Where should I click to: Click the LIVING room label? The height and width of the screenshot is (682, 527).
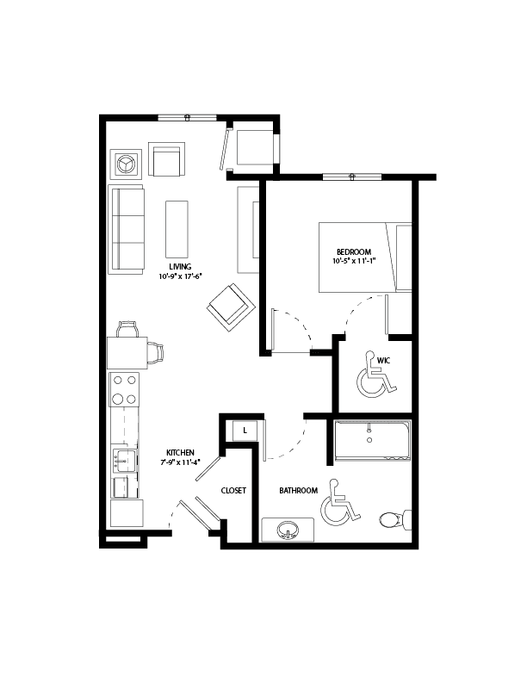tap(180, 267)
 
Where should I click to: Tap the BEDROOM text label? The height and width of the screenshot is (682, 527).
tap(353, 251)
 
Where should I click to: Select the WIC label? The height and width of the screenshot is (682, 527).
tap(384, 360)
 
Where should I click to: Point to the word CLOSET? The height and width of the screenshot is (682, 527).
tap(233, 490)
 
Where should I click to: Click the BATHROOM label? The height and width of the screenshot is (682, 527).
tap(299, 490)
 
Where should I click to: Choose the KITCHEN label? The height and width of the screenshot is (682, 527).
tap(180, 452)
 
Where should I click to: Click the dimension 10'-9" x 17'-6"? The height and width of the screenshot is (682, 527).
tap(180, 276)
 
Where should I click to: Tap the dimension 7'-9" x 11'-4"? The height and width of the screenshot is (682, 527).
tap(180, 462)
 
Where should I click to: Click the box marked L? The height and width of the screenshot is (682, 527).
tap(245, 429)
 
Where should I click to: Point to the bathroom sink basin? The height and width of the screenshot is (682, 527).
tap(288, 530)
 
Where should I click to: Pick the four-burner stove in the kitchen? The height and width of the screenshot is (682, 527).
tap(125, 388)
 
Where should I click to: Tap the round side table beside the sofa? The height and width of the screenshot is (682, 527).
tap(127, 161)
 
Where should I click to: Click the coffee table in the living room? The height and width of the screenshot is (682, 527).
tap(177, 227)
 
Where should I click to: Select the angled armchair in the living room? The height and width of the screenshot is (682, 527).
tap(230, 307)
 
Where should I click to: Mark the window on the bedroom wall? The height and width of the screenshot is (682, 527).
tap(351, 177)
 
